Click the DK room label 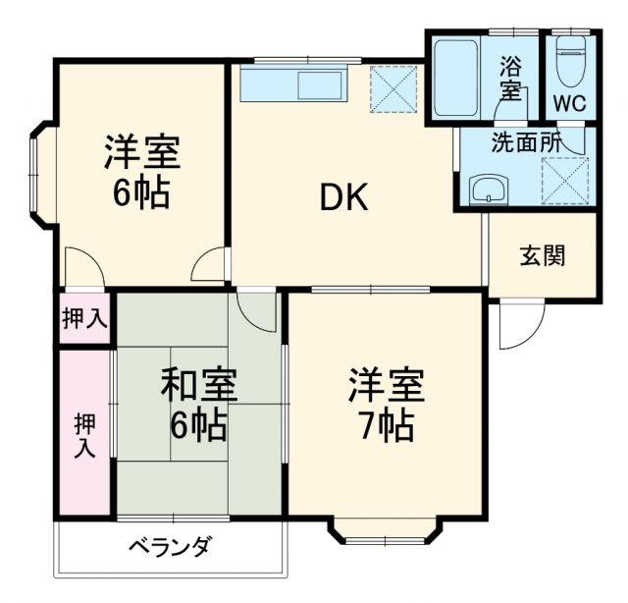pos(342,198)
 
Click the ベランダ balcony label pos(169,547)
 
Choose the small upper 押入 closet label pos(84,318)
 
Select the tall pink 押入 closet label pos(84,436)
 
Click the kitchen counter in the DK pos(293,84)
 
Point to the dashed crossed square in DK pos(394,88)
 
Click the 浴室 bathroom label pos(510,78)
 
